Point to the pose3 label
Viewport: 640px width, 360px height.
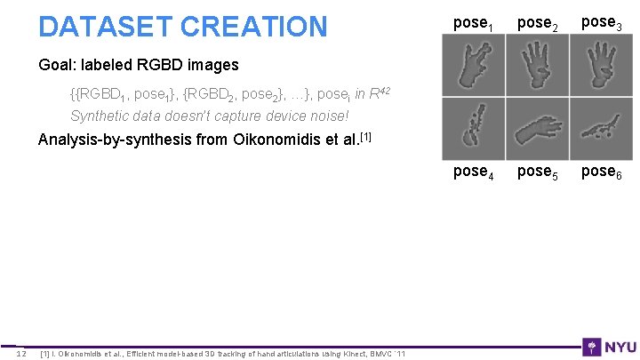[599, 22]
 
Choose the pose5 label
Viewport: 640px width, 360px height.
[536, 171]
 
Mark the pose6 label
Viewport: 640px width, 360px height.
[599, 171]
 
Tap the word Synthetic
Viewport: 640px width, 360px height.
[100, 116]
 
